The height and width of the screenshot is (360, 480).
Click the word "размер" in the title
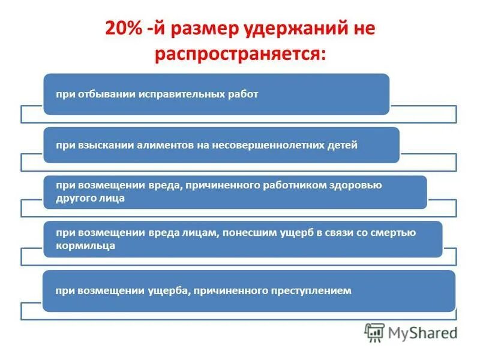[x=206, y=30]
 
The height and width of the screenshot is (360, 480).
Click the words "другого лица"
[x=91, y=198]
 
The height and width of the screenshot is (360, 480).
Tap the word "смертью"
[x=392, y=233]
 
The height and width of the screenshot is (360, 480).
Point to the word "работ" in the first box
[x=244, y=95]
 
